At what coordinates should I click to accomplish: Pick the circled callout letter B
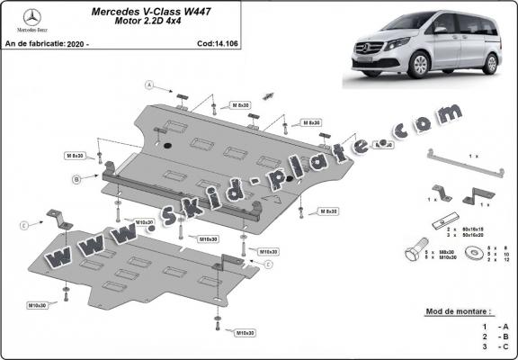pos(77,179)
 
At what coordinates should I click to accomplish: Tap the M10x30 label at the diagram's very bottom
pos(244,333)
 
